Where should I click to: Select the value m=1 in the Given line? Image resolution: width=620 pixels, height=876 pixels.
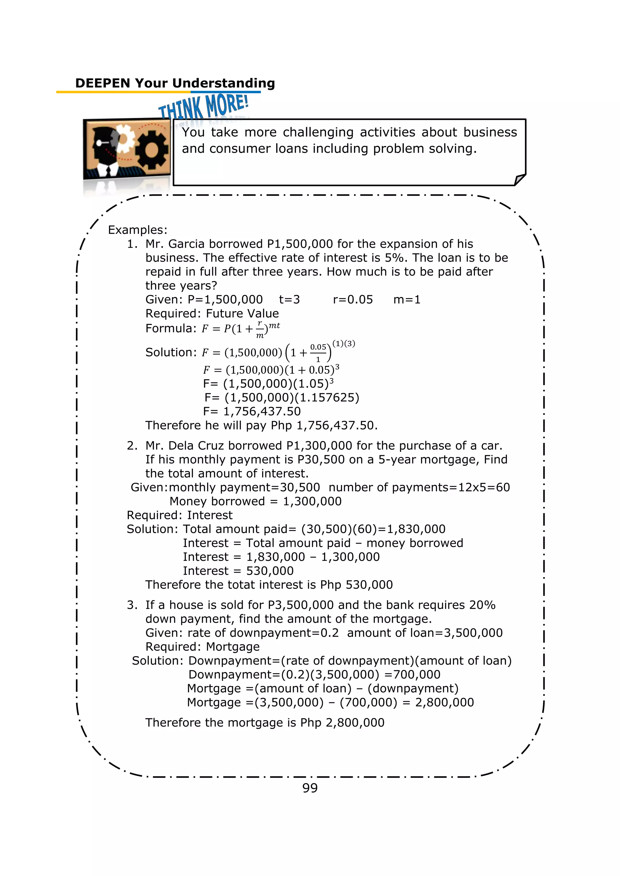(407, 299)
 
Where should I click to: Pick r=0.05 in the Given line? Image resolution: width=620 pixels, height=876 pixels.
(352, 299)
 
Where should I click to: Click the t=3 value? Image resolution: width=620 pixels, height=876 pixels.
(289, 299)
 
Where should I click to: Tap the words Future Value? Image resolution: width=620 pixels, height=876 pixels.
(242, 313)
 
